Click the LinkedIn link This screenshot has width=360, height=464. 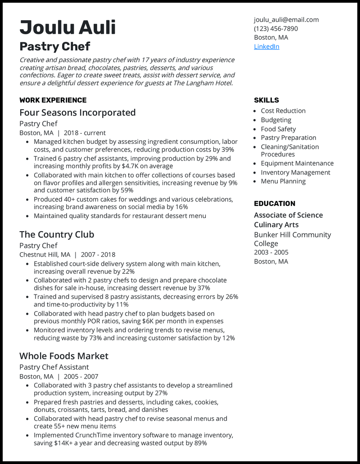click(266, 46)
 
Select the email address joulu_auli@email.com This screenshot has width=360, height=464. click(286, 19)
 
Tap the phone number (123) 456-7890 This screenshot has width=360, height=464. click(275, 28)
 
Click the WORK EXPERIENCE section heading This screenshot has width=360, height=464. click(53, 100)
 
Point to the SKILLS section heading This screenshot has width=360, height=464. click(266, 100)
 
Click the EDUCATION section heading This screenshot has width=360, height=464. click(274, 203)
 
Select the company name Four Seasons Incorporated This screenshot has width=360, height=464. click(77, 112)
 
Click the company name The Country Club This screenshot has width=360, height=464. click(57, 234)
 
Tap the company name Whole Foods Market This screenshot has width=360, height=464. click(64, 356)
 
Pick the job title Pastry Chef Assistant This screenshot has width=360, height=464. click(54, 367)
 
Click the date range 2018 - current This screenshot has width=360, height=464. click(85, 133)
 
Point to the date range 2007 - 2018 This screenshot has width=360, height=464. click(98, 254)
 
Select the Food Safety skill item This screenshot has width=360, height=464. click(278, 129)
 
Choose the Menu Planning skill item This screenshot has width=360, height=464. click(283, 181)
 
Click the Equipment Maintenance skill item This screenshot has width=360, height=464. click(297, 163)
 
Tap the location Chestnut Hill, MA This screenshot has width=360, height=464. click(45, 254)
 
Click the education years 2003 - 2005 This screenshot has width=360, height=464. click(271, 252)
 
